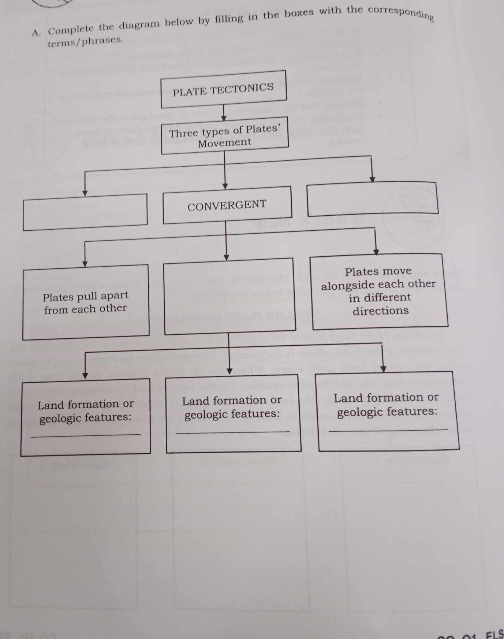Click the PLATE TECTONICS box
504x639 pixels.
click(223, 89)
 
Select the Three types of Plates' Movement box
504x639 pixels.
click(224, 136)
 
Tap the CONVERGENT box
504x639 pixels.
click(227, 205)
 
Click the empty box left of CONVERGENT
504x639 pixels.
click(85, 212)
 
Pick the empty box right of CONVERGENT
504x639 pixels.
click(373, 199)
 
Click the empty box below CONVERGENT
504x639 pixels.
click(230, 297)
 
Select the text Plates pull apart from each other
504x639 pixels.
click(85, 302)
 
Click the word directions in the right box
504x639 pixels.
click(380, 311)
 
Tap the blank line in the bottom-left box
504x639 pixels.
click(86, 435)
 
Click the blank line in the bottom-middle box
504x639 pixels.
click(233, 433)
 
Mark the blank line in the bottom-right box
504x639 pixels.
click(388, 430)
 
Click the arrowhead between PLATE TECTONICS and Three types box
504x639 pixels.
click(224, 118)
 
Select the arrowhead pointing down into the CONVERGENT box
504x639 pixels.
click(225, 186)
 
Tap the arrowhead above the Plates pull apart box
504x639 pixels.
click(85, 263)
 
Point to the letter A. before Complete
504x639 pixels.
click(36, 33)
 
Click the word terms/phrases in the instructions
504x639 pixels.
click(85, 41)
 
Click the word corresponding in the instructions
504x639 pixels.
click(400, 12)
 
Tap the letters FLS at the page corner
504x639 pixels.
click(494, 634)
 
